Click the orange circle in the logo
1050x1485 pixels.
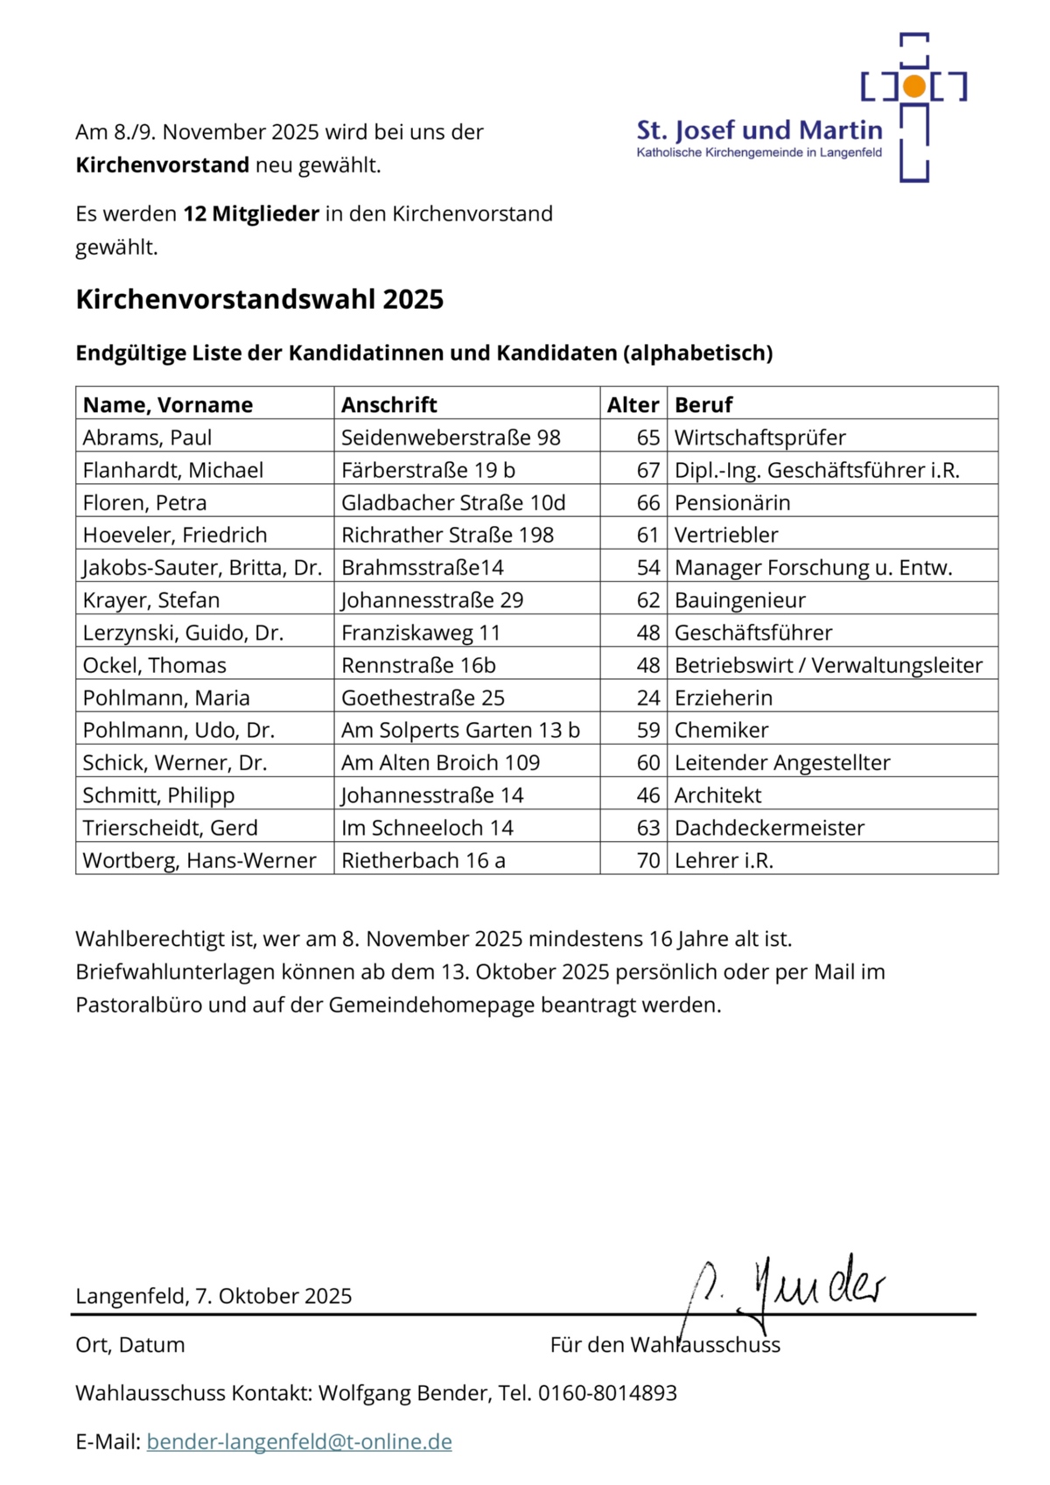(914, 86)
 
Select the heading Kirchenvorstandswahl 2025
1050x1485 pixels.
(259, 299)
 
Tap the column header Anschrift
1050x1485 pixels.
(388, 404)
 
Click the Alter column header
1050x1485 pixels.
(633, 404)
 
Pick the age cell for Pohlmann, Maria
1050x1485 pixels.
(647, 697)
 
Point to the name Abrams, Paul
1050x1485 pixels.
(147, 438)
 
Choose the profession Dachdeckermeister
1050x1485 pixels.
(769, 828)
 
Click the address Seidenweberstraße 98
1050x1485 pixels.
(451, 438)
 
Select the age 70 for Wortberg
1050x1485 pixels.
(647, 860)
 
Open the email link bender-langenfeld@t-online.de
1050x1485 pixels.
(299, 1441)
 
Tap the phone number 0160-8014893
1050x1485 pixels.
(607, 1393)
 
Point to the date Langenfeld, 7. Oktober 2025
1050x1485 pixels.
(213, 1296)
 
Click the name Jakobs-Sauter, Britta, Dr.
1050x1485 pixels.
(202, 568)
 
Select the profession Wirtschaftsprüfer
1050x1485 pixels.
(759, 438)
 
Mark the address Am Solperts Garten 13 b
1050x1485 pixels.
(460, 730)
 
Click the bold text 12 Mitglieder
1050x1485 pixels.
(251, 214)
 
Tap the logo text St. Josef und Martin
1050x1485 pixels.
(759, 130)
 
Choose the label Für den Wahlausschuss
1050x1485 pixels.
(665, 1345)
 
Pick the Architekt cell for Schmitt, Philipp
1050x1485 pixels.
(717, 795)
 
